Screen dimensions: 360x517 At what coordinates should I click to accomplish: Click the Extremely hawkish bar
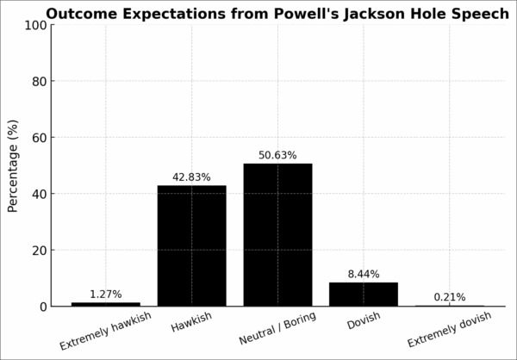105,304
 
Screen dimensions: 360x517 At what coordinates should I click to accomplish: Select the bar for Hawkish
191,245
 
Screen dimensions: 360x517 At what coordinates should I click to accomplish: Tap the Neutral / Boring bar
277,234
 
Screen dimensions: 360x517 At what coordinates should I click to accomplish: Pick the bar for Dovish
364,294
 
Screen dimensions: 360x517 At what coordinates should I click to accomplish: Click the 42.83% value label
191,177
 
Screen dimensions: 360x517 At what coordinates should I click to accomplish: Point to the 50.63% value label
277,156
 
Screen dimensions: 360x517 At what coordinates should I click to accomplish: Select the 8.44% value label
364,275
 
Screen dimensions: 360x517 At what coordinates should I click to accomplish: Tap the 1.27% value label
105,295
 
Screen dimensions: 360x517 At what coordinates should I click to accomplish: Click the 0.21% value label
450,297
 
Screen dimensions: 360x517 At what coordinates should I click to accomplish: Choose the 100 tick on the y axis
34,25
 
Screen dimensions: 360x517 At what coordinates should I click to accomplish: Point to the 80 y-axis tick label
38,81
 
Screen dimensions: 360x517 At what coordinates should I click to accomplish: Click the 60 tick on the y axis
38,138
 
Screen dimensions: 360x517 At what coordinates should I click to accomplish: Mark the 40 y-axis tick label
38,194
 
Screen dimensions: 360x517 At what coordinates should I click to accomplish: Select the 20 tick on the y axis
38,251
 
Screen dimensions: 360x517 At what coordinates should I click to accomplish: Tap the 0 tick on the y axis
41,307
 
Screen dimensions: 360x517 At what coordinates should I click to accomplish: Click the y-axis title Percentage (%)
13,165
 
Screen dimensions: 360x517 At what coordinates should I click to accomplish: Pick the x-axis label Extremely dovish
449,330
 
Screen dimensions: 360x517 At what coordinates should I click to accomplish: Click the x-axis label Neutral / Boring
278,328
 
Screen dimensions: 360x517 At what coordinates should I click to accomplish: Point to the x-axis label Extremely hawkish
105,332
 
